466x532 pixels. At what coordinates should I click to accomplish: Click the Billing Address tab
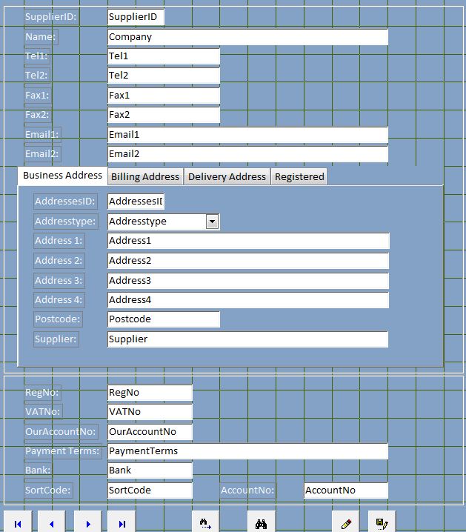click(145, 176)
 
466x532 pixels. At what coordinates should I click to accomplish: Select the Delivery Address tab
click(227, 176)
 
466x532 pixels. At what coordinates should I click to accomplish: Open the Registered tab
click(299, 176)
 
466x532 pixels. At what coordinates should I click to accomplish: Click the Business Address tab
click(62, 176)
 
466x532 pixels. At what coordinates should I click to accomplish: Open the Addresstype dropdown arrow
click(212, 221)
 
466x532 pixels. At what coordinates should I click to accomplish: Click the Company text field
click(247, 37)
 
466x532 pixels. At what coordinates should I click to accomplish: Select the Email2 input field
click(247, 154)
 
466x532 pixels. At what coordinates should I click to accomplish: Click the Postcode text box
click(163, 319)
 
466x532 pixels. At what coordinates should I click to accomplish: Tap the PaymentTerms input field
click(247, 450)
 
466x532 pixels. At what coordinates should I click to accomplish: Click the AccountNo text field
click(346, 490)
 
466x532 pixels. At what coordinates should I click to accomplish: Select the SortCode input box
click(150, 490)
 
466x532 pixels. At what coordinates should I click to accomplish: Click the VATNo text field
click(150, 412)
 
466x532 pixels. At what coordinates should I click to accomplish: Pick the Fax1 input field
click(163, 96)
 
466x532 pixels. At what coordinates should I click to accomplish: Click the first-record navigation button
click(18, 523)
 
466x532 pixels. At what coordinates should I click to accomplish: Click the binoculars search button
click(261, 523)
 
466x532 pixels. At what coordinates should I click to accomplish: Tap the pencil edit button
click(346, 523)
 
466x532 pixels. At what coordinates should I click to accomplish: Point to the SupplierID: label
click(50, 17)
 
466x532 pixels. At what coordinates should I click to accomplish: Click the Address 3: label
click(59, 280)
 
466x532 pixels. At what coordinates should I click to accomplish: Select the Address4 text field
click(247, 300)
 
